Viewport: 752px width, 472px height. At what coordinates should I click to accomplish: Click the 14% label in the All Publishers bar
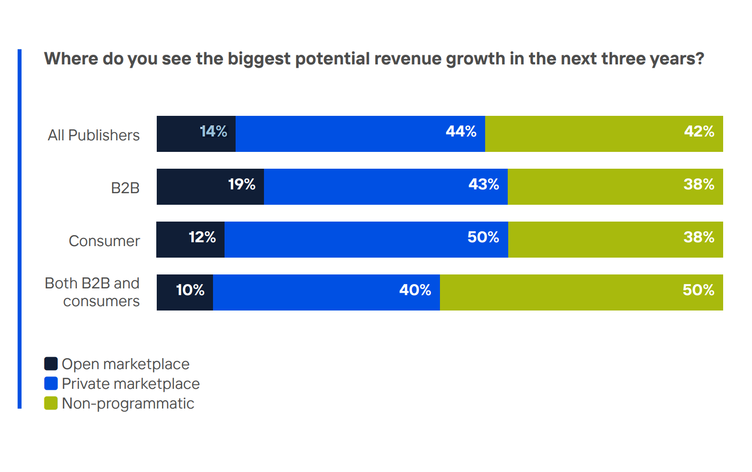[213, 132]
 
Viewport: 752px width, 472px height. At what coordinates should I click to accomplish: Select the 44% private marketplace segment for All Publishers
[360, 134]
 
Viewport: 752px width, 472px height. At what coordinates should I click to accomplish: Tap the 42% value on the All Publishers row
[699, 132]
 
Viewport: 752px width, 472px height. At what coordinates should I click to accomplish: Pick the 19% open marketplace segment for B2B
[210, 186]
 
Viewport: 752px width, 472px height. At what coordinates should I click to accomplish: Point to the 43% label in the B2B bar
[483, 185]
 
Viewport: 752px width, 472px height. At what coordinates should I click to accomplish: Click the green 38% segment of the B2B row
[615, 186]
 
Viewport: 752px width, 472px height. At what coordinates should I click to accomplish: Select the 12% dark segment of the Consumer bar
[190, 239]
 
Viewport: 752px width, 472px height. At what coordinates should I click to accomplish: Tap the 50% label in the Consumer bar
[483, 237]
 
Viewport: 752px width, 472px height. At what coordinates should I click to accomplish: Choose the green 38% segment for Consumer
[615, 239]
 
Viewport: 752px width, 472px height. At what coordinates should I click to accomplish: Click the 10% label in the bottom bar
[190, 290]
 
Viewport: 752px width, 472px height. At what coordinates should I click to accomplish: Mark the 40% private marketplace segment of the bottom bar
[326, 292]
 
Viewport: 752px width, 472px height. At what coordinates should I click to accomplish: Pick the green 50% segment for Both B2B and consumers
[581, 292]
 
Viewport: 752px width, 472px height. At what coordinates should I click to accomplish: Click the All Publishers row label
[94, 136]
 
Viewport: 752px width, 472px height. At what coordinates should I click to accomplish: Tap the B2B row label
[125, 188]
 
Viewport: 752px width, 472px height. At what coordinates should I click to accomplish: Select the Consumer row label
[104, 241]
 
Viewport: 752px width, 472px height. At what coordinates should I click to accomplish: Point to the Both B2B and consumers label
[92, 292]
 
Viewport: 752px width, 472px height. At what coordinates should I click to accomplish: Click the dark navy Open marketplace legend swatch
[51, 364]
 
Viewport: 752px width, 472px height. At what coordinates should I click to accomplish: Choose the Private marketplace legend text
[130, 384]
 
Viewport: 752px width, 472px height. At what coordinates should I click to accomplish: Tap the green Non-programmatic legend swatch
[51, 403]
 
